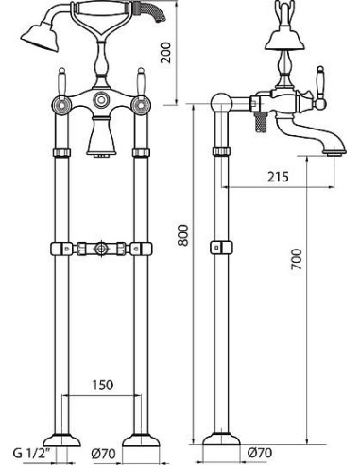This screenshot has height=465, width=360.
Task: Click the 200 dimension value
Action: [x=165, y=53]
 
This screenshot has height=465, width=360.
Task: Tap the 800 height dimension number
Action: [x=183, y=235]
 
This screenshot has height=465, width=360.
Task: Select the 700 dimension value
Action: [x=297, y=259]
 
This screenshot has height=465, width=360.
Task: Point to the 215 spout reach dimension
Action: [x=278, y=177]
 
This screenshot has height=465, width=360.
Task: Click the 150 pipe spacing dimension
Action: [x=102, y=385]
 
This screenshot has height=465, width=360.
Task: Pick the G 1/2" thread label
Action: [x=31, y=454]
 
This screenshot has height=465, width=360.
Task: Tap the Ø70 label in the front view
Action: [x=103, y=454]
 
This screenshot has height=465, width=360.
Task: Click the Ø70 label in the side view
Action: [x=260, y=453]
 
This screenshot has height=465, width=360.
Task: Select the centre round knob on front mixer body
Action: [x=101, y=100]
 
